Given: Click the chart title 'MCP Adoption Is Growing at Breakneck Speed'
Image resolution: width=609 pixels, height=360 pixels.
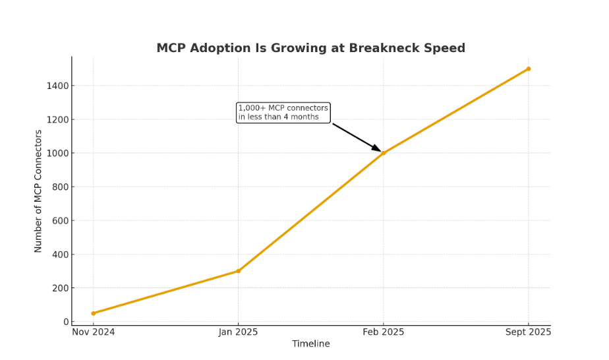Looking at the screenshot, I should coord(310,48).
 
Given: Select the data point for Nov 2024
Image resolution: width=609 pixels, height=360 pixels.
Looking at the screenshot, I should coord(94,313).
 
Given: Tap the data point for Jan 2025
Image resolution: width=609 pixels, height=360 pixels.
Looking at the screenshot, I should coord(239,271).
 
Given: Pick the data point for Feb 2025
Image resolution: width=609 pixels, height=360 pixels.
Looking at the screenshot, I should coord(384,153).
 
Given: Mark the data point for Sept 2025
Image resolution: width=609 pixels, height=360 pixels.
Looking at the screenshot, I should coord(529,69).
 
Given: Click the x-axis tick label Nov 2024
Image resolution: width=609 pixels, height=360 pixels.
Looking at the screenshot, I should coord(94,332).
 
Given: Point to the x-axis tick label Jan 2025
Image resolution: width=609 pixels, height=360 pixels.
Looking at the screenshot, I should coord(239,332).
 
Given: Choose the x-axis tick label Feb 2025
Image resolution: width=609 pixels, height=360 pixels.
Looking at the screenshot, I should coord(384,332).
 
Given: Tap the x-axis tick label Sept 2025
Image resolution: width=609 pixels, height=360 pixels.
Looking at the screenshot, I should coord(529,332).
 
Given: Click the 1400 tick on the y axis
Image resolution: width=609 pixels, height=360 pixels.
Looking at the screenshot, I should coord(58,86).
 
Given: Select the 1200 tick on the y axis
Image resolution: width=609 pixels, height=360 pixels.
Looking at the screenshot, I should coord(58,119).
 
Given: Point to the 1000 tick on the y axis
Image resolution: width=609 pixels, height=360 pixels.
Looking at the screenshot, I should coord(58,153).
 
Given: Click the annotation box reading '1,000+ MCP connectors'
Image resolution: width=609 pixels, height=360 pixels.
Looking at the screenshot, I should coord(283,113).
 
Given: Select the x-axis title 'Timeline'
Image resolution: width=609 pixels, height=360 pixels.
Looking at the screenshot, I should coord(311,344).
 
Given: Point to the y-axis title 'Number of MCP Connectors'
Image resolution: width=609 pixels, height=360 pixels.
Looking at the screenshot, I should coord(38,191).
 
